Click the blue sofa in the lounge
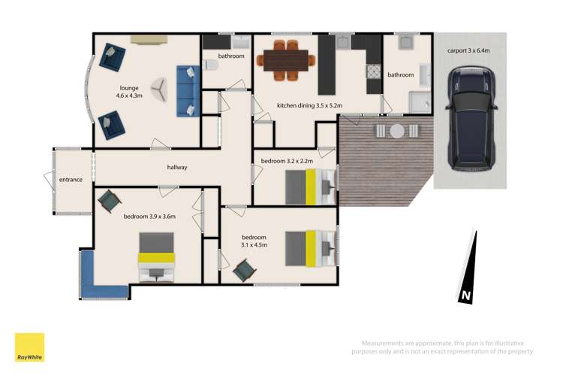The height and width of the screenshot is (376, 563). [187, 90]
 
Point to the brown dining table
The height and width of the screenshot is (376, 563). [289, 58]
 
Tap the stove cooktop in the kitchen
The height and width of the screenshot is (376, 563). [372, 72]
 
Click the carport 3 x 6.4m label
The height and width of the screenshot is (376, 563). [468, 50]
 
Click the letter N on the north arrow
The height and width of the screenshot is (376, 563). [465, 296]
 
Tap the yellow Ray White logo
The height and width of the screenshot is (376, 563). [29, 347]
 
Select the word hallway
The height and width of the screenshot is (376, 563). [177, 167]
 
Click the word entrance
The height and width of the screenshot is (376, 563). [70, 180]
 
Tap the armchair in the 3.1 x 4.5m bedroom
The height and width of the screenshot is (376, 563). [243, 271]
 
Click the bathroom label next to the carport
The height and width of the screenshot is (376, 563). [400, 75]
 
